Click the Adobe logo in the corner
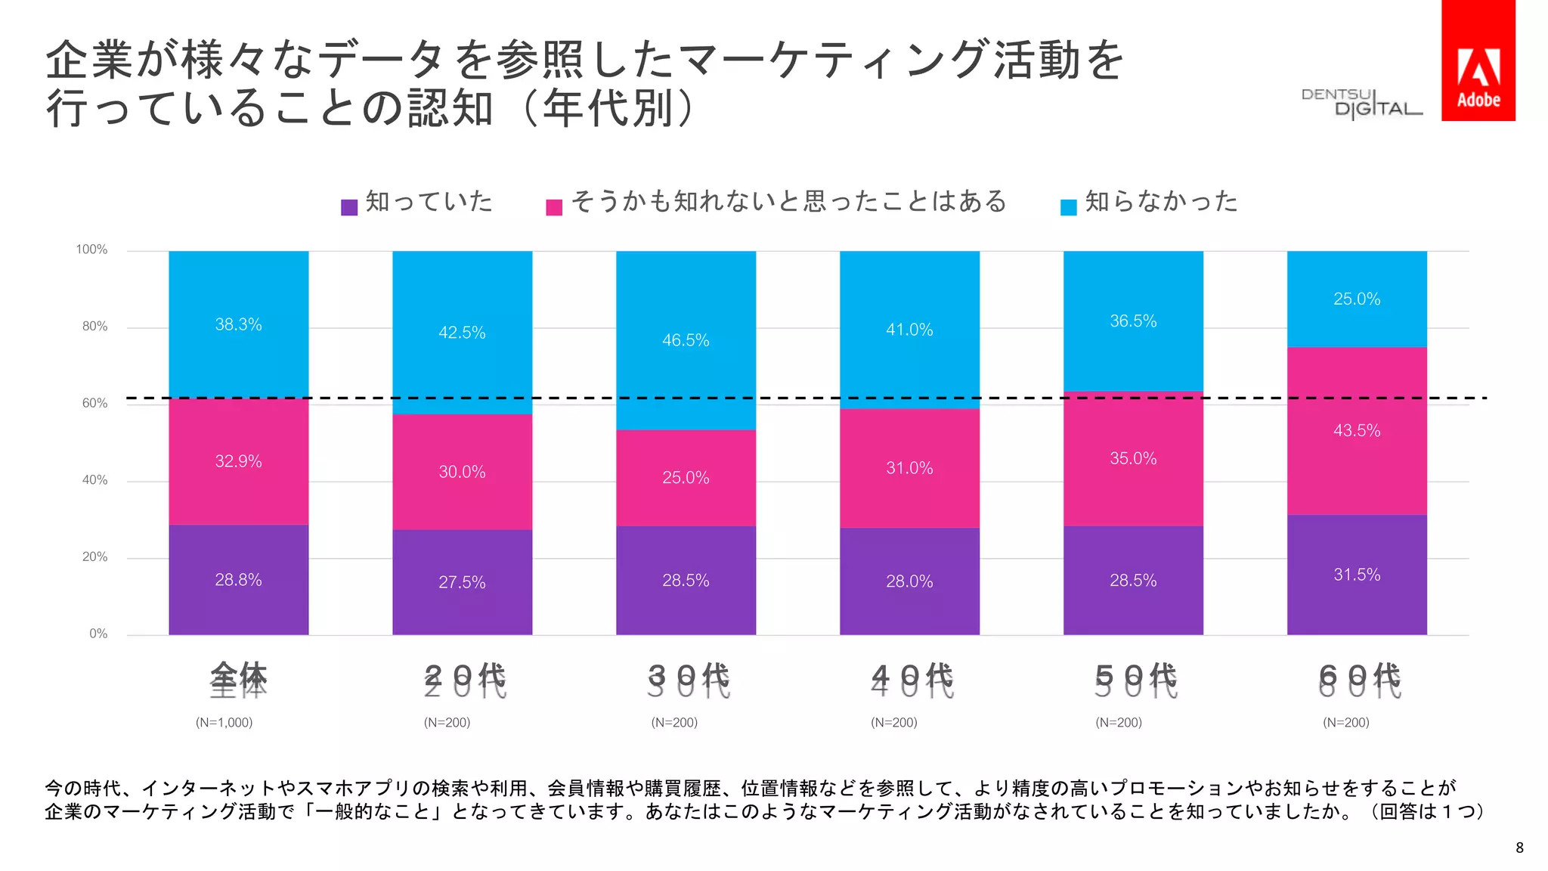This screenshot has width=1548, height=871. pyautogui.click(x=1478, y=60)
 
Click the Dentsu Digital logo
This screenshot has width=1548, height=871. pyautogui.click(x=1361, y=104)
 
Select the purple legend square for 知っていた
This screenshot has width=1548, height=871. pyautogui.click(x=349, y=207)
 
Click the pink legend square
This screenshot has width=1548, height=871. pyautogui.click(x=554, y=207)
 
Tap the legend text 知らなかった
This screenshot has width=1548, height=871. pyautogui.click(x=1161, y=201)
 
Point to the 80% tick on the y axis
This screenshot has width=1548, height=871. pyautogui.click(x=94, y=327)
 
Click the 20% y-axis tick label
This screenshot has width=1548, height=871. pyautogui.click(x=94, y=557)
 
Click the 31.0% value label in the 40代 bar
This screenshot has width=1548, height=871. pyautogui.click(x=909, y=468)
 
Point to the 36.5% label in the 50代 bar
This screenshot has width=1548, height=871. pyautogui.click(x=1133, y=321)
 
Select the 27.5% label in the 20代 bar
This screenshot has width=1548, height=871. pyautogui.click(x=462, y=582)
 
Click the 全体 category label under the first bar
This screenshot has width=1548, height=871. pyautogui.click(x=238, y=679)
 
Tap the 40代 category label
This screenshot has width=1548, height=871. pyautogui.click(x=912, y=679)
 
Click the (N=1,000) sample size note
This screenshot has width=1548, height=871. pyautogui.click(x=224, y=722)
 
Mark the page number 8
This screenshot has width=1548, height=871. pyautogui.click(x=1519, y=848)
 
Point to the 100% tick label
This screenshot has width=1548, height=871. pyautogui.click(x=91, y=250)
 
